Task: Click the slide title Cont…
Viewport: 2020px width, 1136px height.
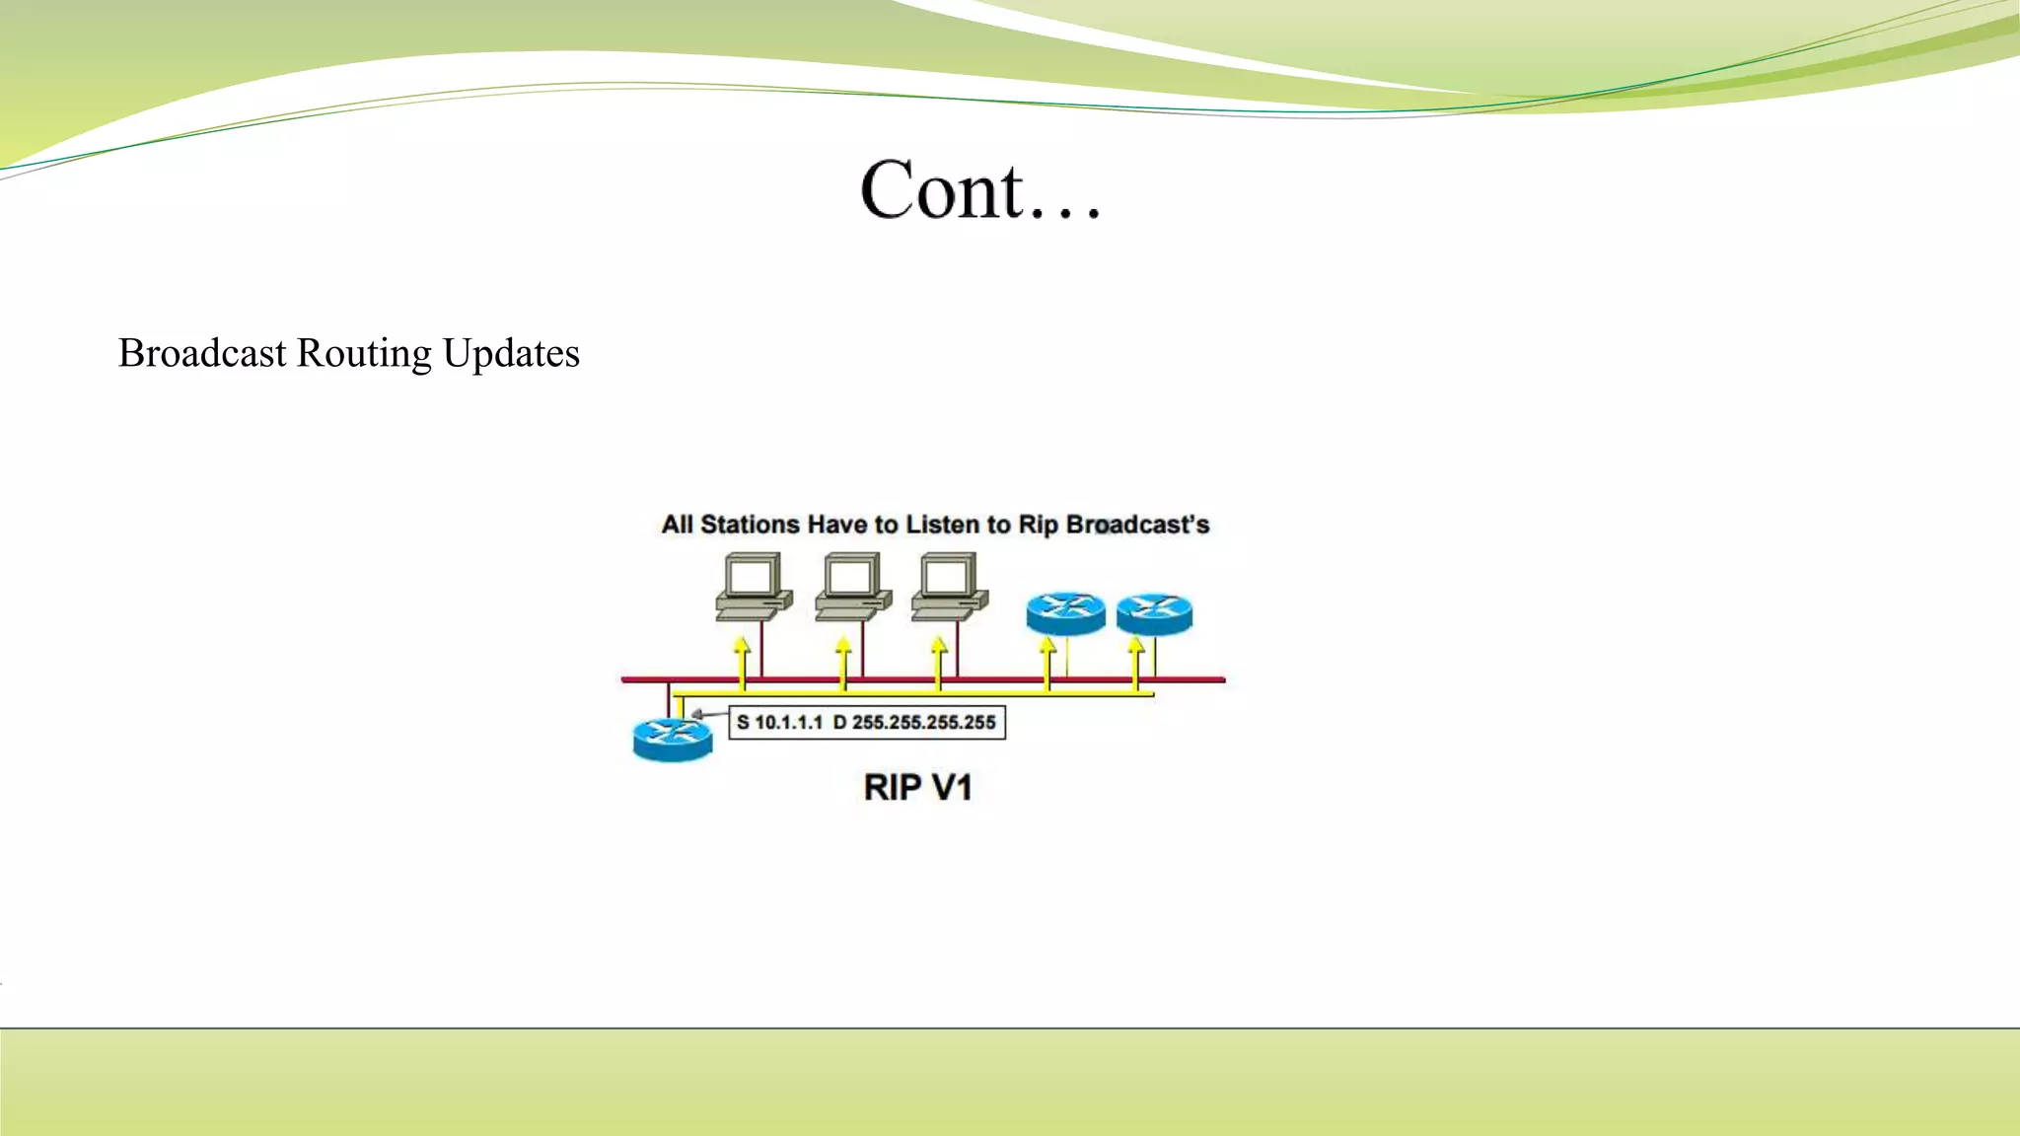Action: click(x=979, y=190)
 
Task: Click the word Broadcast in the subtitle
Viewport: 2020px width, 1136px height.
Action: click(x=202, y=353)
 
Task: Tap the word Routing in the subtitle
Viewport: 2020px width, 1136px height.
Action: click(x=364, y=354)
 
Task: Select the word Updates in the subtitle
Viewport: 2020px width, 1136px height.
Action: click(x=511, y=354)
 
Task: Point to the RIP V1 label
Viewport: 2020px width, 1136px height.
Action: click(x=917, y=788)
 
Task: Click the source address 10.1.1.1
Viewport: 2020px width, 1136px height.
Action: click(x=788, y=723)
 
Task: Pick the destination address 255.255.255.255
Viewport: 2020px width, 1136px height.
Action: click(x=923, y=723)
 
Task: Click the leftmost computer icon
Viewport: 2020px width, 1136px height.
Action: click(x=754, y=587)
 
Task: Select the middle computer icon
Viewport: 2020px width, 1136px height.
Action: click(x=853, y=587)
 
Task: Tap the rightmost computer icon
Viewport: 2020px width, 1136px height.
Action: click(x=949, y=587)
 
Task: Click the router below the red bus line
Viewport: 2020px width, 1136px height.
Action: click(x=673, y=739)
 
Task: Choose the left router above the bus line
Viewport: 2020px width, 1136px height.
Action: click(x=1065, y=613)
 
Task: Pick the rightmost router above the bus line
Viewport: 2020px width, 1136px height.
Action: click(x=1154, y=613)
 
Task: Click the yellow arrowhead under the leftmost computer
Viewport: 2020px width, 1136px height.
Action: click(x=742, y=646)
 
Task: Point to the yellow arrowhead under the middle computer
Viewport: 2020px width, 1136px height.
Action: click(x=843, y=646)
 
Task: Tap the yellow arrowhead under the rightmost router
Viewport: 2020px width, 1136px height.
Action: click(x=1136, y=646)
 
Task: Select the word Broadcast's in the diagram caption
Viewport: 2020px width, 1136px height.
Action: click(x=1137, y=525)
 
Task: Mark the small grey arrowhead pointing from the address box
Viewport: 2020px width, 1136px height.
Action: click(x=696, y=714)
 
